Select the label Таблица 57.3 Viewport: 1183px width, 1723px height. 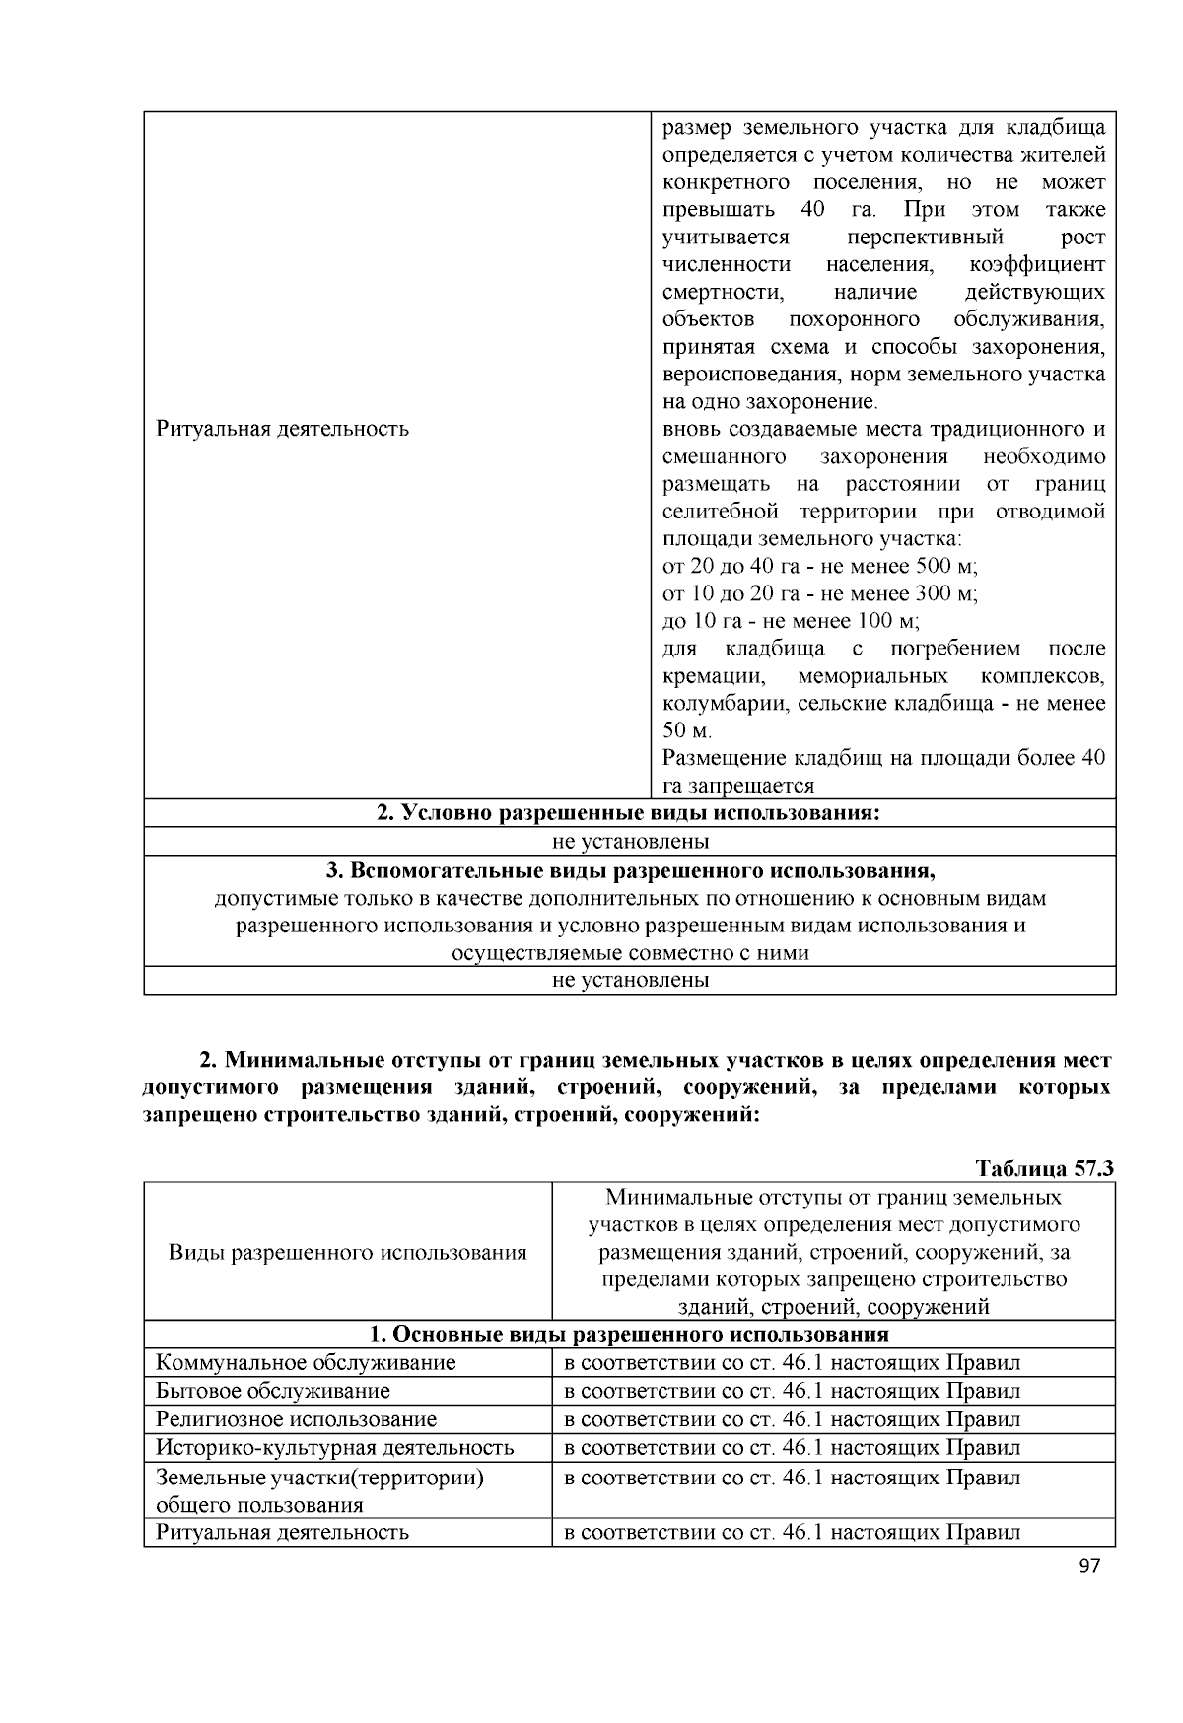[1044, 1168]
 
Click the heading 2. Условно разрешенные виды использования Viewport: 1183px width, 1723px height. [629, 813]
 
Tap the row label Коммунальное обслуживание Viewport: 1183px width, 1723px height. [306, 1362]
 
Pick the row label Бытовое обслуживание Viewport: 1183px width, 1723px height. [273, 1391]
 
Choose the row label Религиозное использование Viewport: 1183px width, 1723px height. [296, 1419]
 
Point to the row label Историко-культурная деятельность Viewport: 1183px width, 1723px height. [335, 1447]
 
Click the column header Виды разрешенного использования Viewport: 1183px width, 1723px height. [347, 1253]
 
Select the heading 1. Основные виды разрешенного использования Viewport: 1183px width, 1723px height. [629, 1335]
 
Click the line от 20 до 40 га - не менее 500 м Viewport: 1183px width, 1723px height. [819, 566]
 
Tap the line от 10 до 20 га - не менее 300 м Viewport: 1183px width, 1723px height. [819, 593]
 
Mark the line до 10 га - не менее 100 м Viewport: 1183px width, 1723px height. [791, 621]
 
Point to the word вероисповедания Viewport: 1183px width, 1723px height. [745, 375]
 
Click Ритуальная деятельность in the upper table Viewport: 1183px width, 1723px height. [282, 429]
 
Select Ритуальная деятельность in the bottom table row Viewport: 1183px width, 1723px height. [282, 1532]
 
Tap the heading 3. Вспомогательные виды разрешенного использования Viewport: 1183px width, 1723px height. [629, 871]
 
